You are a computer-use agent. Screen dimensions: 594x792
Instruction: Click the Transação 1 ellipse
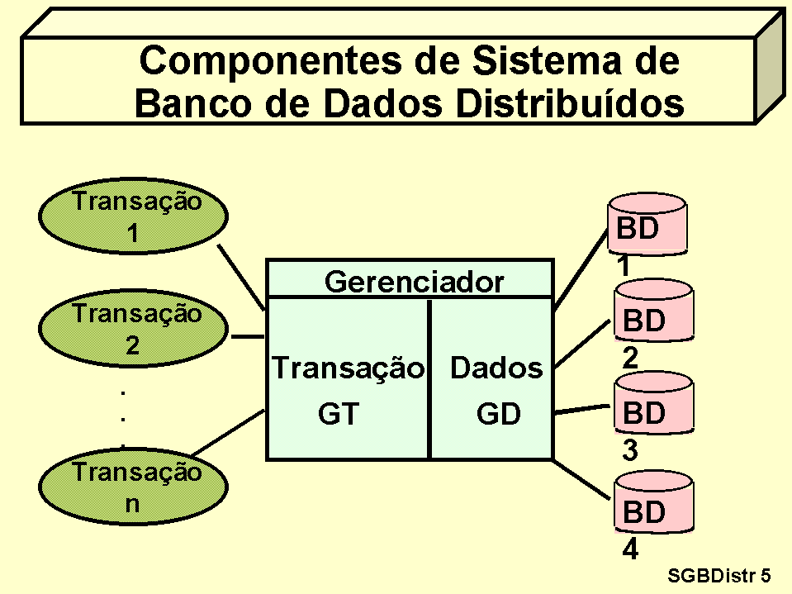(133, 217)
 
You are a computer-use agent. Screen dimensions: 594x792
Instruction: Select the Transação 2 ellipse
(133, 330)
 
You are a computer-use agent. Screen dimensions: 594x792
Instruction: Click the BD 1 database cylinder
(647, 226)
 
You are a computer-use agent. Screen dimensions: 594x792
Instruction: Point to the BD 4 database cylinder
(652, 506)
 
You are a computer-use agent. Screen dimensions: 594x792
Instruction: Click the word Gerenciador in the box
(414, 283)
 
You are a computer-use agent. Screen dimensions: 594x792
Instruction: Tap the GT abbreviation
(339, 414)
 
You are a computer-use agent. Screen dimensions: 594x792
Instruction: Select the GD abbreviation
(498, 414)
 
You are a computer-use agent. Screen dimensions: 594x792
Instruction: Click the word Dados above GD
(496, 368)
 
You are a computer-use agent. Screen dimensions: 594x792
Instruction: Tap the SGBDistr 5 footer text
(718, 575)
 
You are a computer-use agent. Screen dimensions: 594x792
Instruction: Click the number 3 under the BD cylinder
(630, 452)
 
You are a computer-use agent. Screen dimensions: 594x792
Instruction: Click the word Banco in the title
(192, 104)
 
